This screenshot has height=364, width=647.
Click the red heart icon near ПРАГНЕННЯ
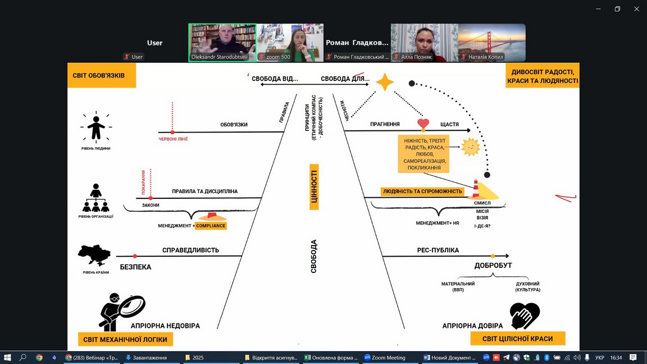coord(423,123)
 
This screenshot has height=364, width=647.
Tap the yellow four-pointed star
coord(385,83)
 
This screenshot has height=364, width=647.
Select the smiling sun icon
coord(470,147)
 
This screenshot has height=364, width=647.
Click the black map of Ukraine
coord(94,256)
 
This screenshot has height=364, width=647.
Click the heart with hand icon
coord(525,316)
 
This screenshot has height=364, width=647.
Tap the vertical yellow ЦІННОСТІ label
coord(314,187)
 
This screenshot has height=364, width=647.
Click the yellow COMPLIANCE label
coord(211,226)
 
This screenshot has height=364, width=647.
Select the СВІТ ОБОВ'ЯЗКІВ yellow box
coord(102,75)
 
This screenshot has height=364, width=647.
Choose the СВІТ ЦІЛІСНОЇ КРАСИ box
coord(518,339)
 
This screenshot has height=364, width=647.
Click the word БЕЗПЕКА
coord(135,267)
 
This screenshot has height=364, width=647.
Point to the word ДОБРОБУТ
coord(493,265)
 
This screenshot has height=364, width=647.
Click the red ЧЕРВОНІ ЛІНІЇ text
coord(172,139)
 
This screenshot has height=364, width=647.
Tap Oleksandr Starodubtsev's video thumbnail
coord(222,43)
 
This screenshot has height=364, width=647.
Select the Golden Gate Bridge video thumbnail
coord(492,43)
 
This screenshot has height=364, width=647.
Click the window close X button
coord(636,9)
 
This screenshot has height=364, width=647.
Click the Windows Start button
coord(8,358)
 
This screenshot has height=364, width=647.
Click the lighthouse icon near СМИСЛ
coord(476,189)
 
